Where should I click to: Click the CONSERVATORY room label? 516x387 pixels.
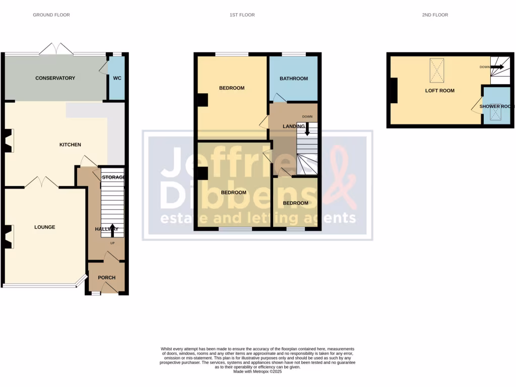coord(55,78)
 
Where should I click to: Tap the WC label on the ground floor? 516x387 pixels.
coord(117,78)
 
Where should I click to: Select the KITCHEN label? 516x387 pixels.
coord(70,145)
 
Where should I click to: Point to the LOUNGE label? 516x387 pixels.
coord(45,227)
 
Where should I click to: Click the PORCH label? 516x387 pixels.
coord(106,278)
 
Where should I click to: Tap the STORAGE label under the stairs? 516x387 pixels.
coord(113,177)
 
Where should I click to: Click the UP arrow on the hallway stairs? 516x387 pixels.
coord(112,230)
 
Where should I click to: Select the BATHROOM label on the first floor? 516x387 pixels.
coord(294,79)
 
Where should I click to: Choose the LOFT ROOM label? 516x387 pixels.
coord(439,91)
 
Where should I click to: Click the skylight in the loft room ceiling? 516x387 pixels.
coord(437,70)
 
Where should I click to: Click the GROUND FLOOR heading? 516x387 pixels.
coord(51,15)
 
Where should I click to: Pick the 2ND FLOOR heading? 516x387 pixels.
coord(435,15)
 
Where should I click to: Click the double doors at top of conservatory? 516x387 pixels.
coord(56,49)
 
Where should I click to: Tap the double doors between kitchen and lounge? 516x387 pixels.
coord(41,182)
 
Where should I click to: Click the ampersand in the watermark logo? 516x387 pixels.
coord(341,176)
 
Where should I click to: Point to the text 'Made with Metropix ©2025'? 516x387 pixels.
coord(258,371)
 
